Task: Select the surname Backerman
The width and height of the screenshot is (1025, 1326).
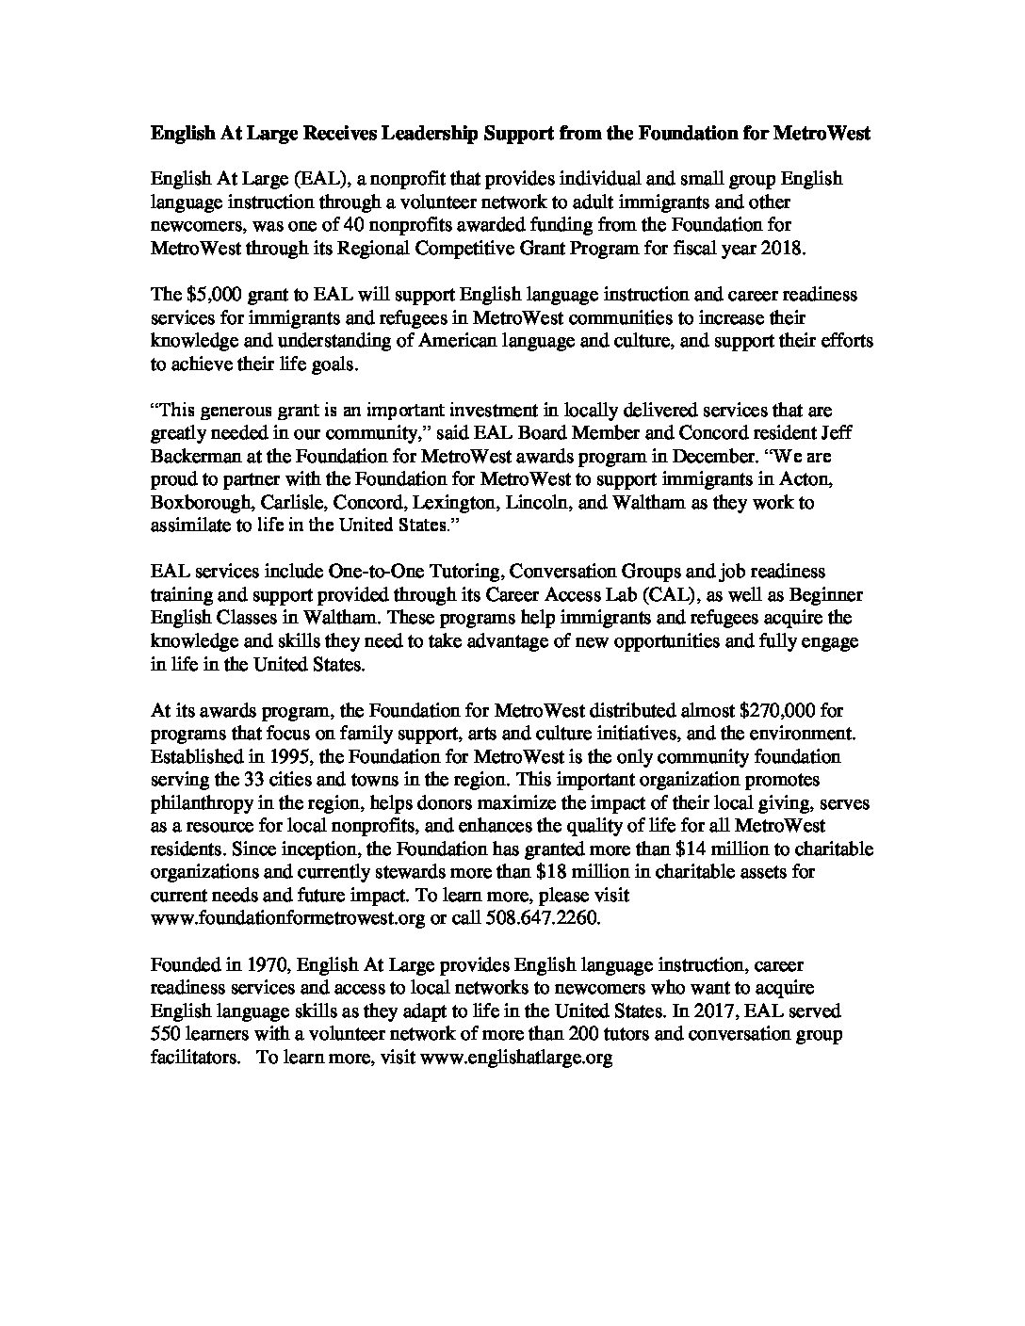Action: (193, 456)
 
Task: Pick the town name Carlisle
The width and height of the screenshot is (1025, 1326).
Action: (283, 502)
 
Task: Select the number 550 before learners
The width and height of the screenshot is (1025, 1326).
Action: (164, 1034)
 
